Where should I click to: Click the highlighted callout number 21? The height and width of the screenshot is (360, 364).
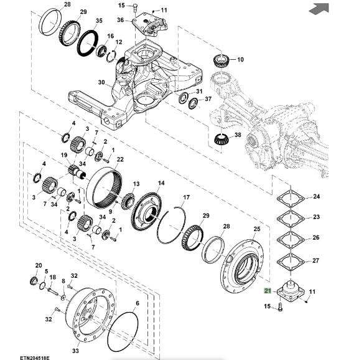268,291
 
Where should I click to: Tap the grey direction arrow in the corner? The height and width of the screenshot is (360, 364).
319,9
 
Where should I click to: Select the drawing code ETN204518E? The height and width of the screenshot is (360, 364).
35,358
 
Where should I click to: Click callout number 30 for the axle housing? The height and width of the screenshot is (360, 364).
101,82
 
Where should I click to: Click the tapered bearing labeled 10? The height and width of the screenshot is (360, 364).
221,61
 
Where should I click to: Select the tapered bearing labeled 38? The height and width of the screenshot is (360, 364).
221,140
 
